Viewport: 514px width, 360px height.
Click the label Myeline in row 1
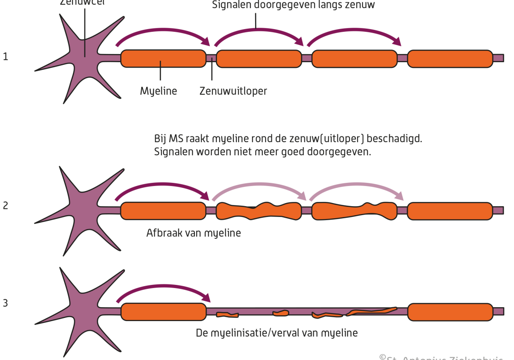click(158, 91)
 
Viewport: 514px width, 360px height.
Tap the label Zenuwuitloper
click(233, 91)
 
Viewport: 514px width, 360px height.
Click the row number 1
click(5, 57)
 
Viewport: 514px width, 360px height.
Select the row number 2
click(5, 206)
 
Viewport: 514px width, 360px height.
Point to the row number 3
click(5, 303)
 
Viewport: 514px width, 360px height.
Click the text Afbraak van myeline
click(193, 233)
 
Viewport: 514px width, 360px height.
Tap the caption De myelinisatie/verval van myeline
click(277, 333)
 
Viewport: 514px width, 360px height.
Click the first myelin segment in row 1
click(163, 59)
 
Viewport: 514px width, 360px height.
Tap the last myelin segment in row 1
click(450, 59)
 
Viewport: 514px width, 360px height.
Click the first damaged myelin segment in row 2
click(259, 211)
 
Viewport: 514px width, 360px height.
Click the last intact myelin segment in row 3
click(450, 312)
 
